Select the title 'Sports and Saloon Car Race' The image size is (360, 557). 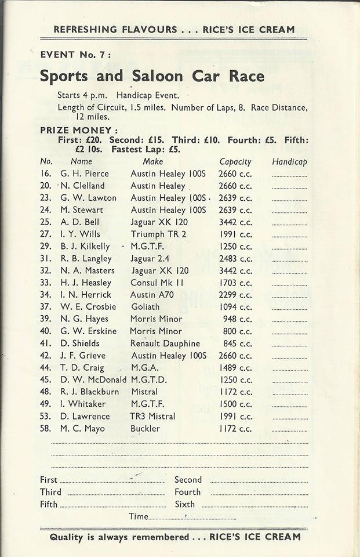[x=152, y=76]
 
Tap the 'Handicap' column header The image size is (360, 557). [x=289, y=162]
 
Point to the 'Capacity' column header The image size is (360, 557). [x=235, y=162]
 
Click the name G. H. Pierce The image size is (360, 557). [x=84, y=173]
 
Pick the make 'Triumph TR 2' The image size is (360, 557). [x=155, y=234]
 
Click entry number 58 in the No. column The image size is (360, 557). [x=46, y=429]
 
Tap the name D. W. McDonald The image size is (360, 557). [x=93, y=380]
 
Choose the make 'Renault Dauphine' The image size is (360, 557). [x=165, y=343]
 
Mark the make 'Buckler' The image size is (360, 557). [x=145, y=429]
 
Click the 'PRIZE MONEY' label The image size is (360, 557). [x=79, y=131]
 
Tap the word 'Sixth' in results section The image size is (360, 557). [x=185, y=504]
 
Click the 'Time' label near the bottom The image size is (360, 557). [x=139, y=516]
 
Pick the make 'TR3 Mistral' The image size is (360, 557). [x=152, y=417]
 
